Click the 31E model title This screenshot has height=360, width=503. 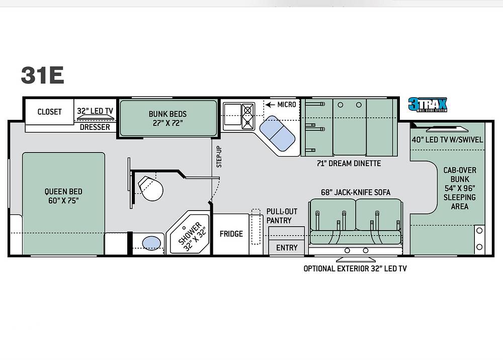[42, 75]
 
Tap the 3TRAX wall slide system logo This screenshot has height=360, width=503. [427, 105]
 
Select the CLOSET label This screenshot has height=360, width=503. [49, 112]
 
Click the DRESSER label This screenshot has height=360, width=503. [95, 127]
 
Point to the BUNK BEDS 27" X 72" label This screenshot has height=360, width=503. [167, 118]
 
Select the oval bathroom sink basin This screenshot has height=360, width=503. [151, 243]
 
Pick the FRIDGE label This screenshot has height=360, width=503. [231, 234]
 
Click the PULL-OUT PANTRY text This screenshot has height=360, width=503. [282, 216]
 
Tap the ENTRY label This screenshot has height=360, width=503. [287, 248]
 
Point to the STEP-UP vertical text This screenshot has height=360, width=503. [219, 157]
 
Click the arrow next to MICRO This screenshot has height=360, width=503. [270, 105]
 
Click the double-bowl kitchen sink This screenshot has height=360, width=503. [277, 133]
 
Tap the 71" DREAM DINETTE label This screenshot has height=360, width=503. [349, 164]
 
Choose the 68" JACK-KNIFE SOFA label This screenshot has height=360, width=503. [356, 192]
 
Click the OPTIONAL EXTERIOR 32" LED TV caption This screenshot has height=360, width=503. [355, 268]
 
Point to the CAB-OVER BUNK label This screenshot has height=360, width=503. [460, 174]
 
